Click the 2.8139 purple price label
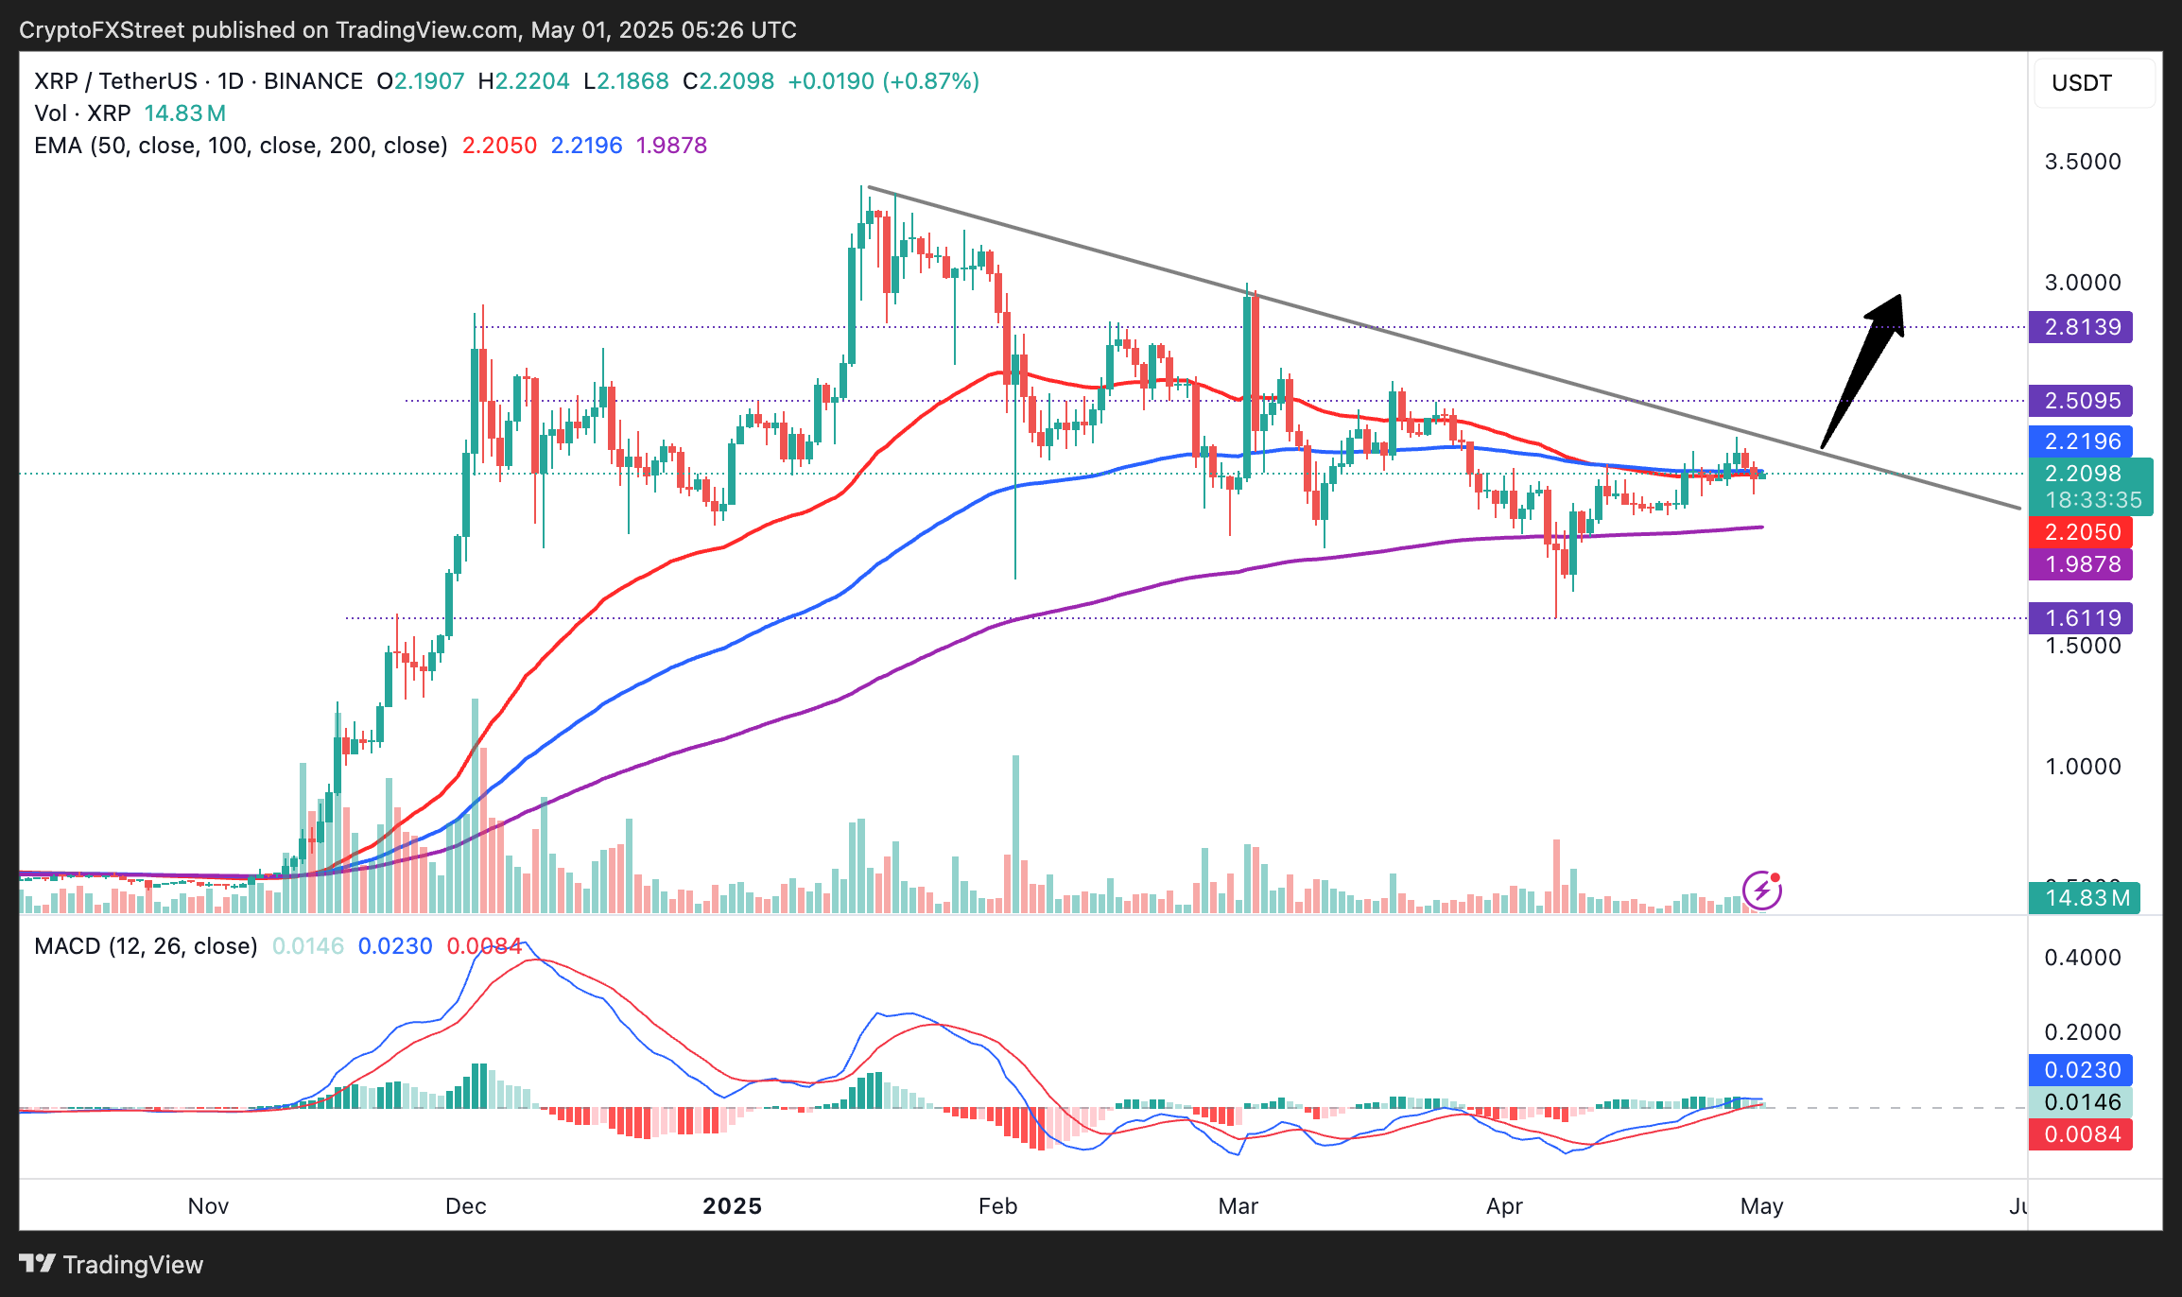point(2081,327)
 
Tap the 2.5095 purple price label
point(2081,401)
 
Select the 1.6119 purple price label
point(2081,618)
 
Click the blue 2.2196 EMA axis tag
point(2081,441)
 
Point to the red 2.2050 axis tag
point(2081,532)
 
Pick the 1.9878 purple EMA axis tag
point(2081,564)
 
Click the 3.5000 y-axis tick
point(2083,162)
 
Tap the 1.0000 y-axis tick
point(2083,767)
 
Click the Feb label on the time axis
point(997,1206)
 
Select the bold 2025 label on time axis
point(733,1206)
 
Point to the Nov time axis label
point(208,1206)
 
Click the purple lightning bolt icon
point(1762,890)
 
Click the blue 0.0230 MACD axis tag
point(2081,1070)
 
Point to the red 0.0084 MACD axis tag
point(2081,1134)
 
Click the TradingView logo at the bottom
point(112,1264)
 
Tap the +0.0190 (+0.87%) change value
point(883,81)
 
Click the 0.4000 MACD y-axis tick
point(2083,958)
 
